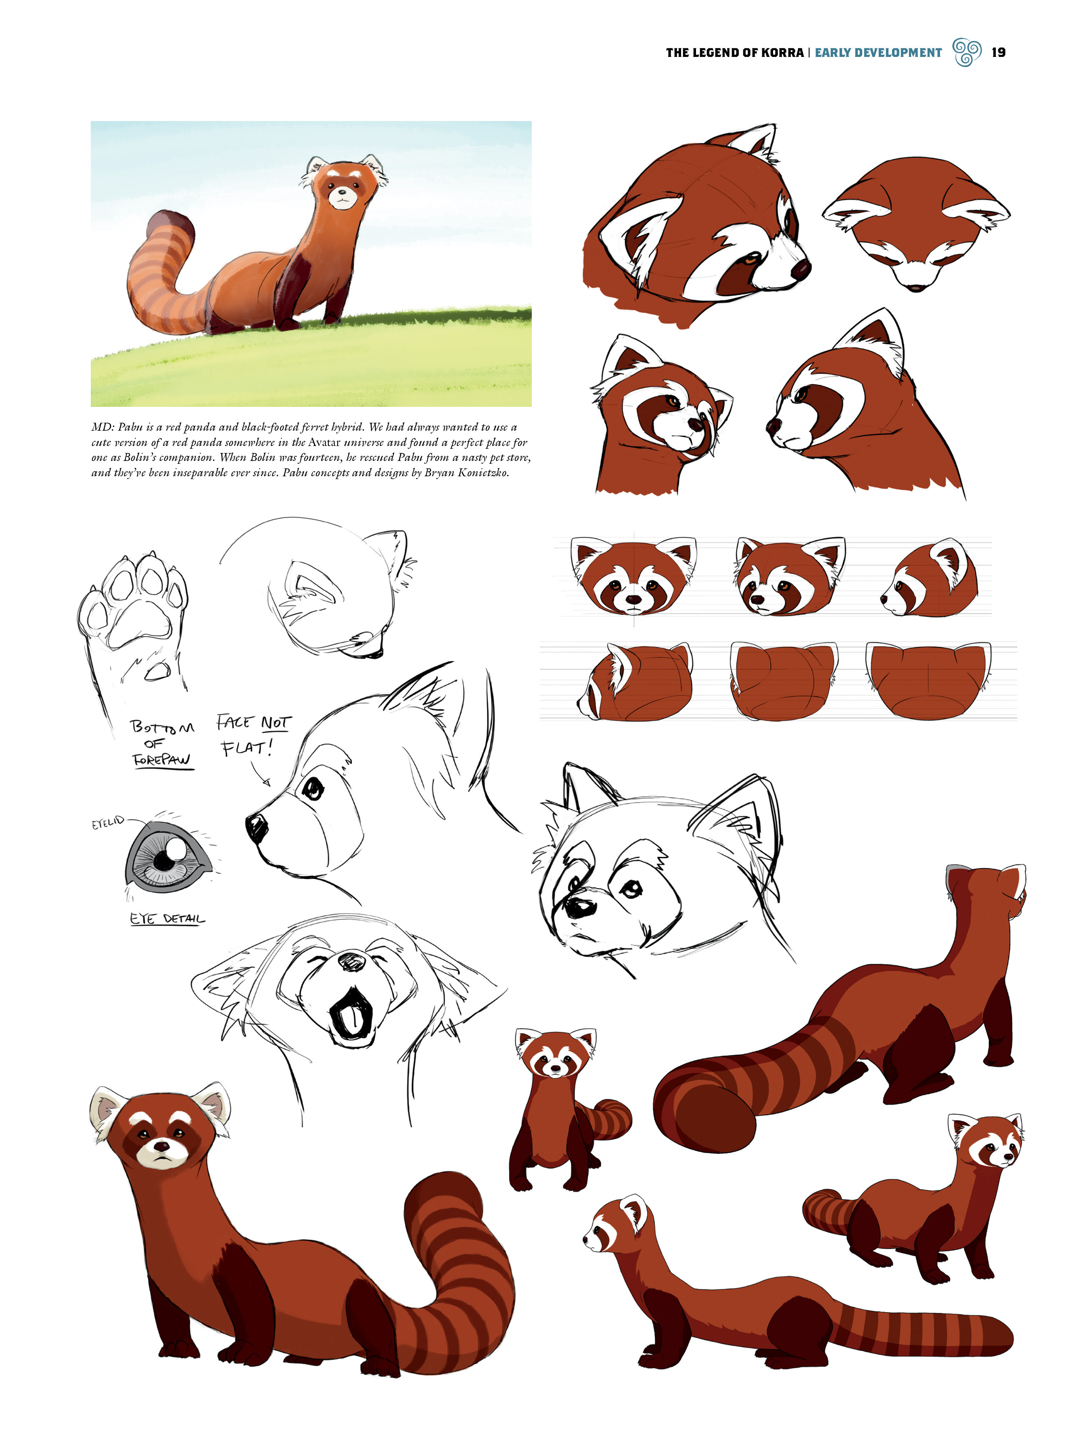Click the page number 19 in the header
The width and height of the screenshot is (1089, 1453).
(998, 52)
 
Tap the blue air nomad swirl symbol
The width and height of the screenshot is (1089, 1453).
(966, 52)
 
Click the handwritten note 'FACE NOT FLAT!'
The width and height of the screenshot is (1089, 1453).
(253, 735)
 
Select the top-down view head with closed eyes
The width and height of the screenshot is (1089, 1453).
(916, 223)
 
